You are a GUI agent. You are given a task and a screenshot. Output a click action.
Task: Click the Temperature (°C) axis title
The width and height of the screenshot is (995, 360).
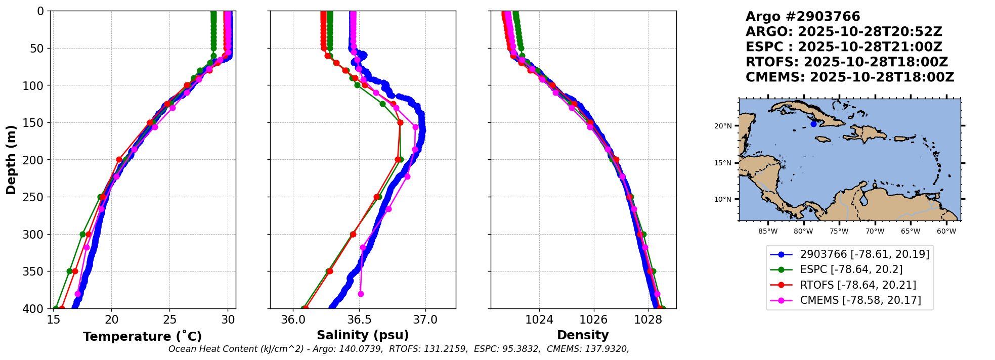click(x=142, y=336)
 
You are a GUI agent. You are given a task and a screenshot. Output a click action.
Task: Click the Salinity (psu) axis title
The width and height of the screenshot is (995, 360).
click(x=363, y=335)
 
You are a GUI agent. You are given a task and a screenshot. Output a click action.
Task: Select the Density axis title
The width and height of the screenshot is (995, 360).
click(x=583, y=335)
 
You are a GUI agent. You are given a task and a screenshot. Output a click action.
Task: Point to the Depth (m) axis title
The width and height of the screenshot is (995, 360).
click(x=11, y=160)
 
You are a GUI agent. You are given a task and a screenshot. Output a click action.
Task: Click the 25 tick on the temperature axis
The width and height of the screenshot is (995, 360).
click(x=170, y=320)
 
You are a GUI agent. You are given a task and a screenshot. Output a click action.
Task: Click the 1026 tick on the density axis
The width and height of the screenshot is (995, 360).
click(x=593, y=320)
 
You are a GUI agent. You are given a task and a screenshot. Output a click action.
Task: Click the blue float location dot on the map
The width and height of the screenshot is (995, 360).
click(x=813, y=124)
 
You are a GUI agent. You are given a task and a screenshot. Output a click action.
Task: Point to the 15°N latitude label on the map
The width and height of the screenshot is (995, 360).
click(x=723, y=163)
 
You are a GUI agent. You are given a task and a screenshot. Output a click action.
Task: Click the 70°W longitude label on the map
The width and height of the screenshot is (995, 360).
click(x=875, y=232)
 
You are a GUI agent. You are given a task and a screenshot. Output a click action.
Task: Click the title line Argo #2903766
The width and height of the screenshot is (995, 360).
click(x=803, y=17)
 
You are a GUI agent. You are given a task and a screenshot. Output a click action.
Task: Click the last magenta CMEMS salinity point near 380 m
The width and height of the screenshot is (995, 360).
click(x=361, y=294)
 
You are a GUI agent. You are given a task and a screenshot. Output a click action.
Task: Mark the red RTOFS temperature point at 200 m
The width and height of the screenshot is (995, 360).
click(x=119, y=160)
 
